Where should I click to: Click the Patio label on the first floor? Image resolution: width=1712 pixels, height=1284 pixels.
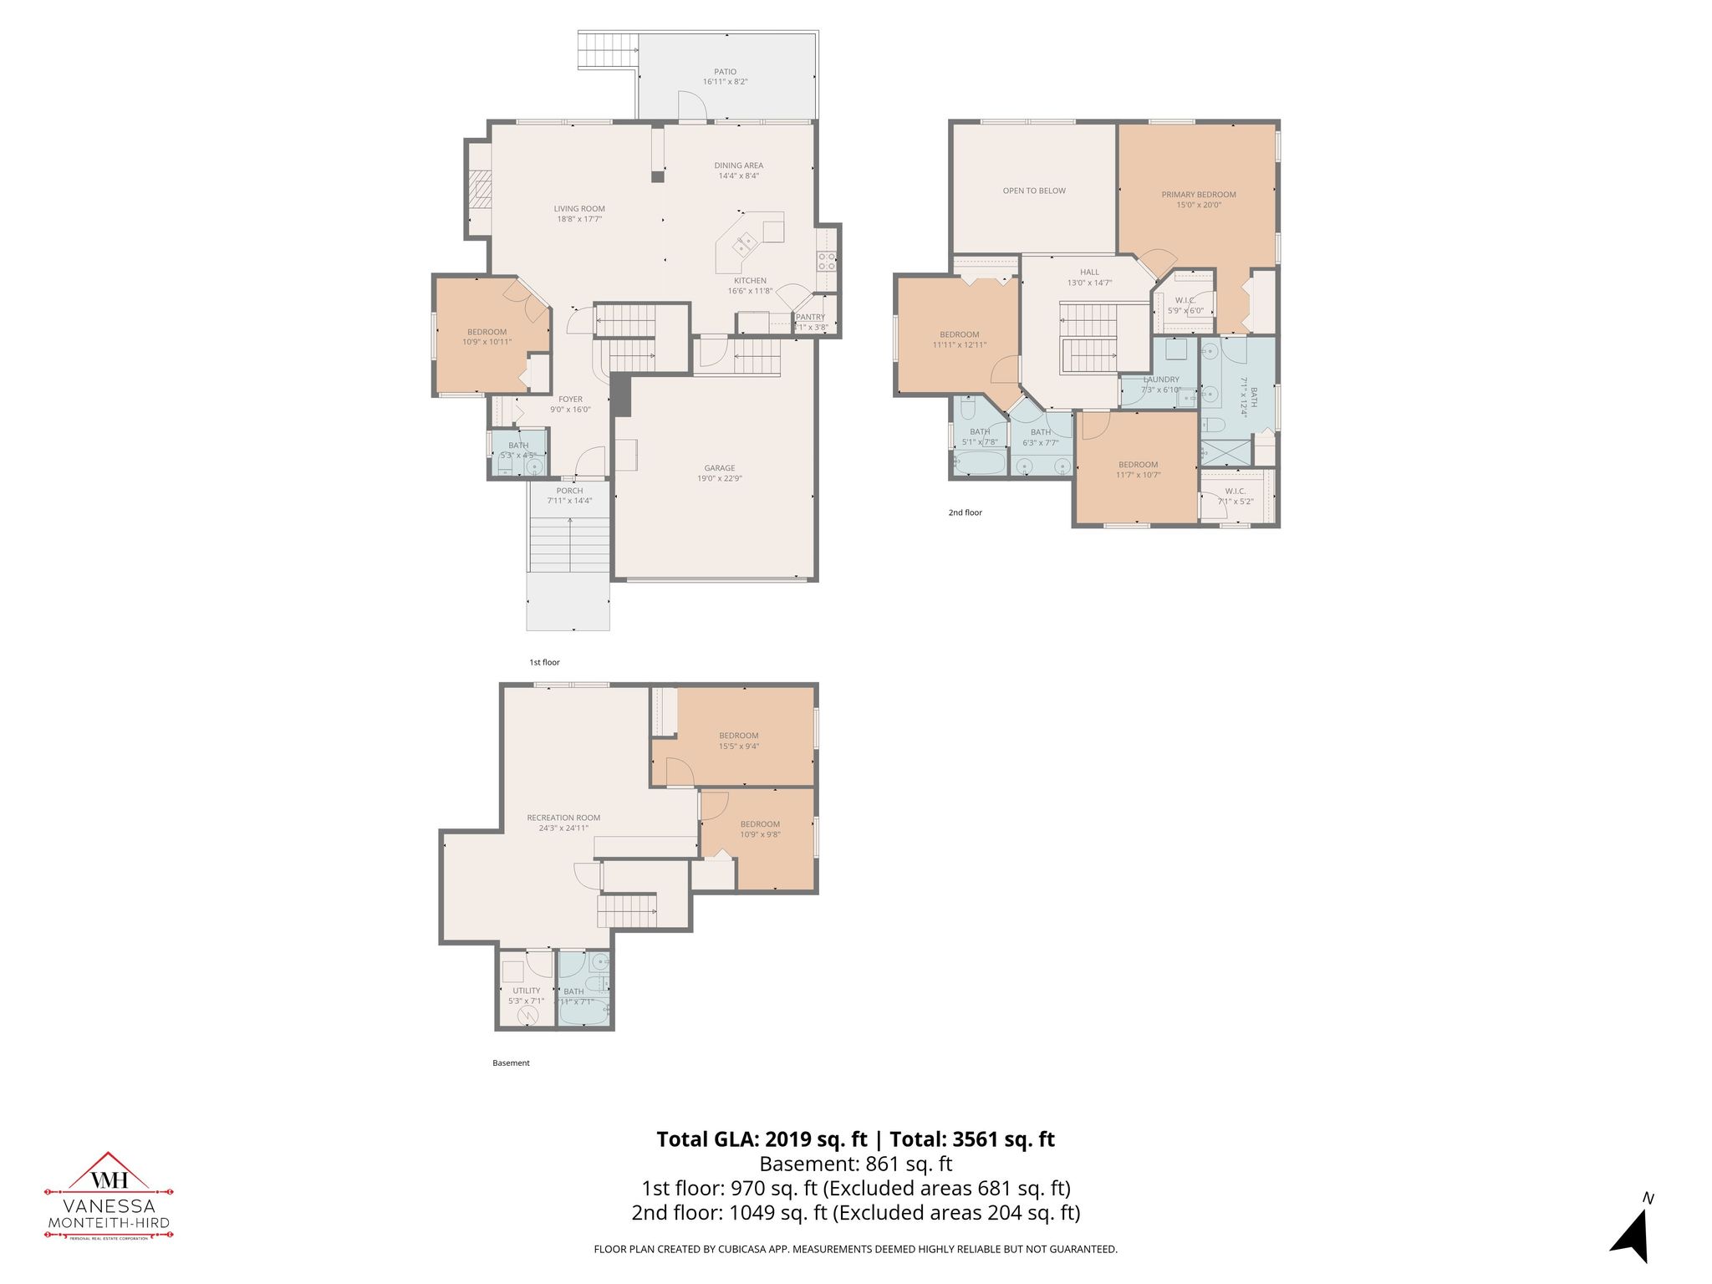(x=725, y=73)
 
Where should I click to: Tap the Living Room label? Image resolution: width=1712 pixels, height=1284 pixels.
(x=579, y=210)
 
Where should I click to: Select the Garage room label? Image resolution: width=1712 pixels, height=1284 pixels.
(x=719, y=469)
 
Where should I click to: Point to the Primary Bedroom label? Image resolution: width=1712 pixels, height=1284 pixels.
(x=1198, y=195)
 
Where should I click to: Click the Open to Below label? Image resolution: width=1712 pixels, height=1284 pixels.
(x=1034, y=191)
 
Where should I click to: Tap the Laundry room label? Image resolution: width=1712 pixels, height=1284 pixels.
(x=1160, y=380)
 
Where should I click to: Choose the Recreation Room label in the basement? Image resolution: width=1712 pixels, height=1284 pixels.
(x=563, y=818)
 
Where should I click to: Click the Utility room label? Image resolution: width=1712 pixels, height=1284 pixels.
(x=526, y=991)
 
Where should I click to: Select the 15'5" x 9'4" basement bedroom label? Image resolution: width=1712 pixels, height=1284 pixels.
(x=738, y=736)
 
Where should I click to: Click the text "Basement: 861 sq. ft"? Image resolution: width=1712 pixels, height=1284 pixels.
(x=855, y=1164)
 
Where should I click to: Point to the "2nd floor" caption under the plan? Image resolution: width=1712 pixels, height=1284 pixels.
(x=965, y=512)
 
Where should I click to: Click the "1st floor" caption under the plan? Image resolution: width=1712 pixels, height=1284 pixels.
(x=544, y=662)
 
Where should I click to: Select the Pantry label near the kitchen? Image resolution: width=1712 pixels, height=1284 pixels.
(x=810, y=317)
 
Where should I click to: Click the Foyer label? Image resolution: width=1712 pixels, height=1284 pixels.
(x=570, y=400)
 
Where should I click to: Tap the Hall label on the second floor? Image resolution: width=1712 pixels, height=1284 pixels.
(x=1089, y=273)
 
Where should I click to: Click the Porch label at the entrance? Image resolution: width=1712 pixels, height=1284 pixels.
(x=569, y=491)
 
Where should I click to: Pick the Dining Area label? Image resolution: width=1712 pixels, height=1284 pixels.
(x=738, y=166)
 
